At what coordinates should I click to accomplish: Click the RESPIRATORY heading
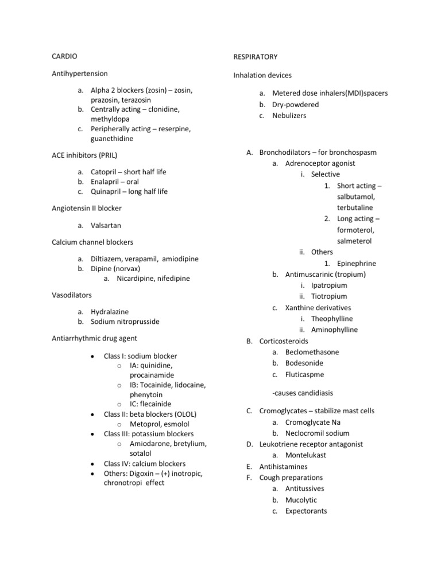coord(255,57)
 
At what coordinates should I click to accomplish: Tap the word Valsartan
coord(106,225)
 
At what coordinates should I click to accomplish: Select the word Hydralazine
coord(110,311)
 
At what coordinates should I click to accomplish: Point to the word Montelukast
coord(305,455)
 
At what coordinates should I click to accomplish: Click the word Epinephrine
coord(357,263)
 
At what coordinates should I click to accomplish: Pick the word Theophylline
coord(332,319)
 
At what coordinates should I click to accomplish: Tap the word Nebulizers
coord(289,115)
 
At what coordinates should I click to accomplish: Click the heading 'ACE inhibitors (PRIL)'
coord(84,155)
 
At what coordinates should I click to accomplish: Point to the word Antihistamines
coord(283,467)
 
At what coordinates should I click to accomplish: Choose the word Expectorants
coord(306,511)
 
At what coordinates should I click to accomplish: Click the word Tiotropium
coord(329,296)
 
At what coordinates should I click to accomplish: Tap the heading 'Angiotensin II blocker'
coord(87,208)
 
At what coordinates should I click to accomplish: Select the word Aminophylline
coord(334,330)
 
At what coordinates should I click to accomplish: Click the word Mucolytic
coord(301,500)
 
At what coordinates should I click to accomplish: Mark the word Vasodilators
coord(72,295)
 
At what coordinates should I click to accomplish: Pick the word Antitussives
coord(304,488)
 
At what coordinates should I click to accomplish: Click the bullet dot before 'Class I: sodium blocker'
coord(92,356)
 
